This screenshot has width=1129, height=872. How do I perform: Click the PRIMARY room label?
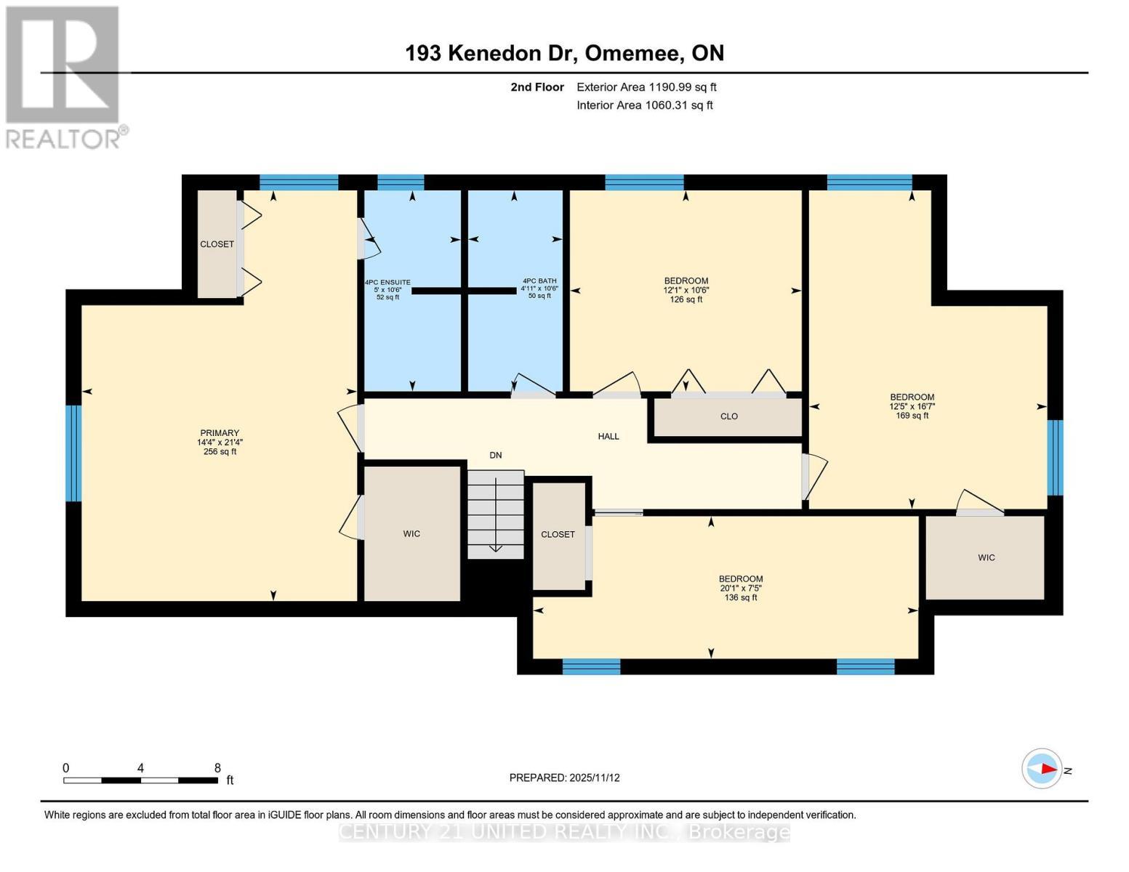(220, 442)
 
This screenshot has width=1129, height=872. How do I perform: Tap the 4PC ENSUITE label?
(387, 289)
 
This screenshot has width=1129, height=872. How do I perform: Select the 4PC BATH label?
(539, 288)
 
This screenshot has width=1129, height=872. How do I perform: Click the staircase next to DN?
(495, 514)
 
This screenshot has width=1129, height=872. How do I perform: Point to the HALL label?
(608, 436)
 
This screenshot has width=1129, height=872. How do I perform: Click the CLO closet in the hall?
(728, 416)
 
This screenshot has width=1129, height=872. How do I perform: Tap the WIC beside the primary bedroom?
(411, 534)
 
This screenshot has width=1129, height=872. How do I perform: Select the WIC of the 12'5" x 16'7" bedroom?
(986, 557)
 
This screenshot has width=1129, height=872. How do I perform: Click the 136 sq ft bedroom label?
(741, 588)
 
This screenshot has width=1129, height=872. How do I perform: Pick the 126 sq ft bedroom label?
(686, 290)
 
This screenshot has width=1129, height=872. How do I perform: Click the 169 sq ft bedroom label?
(912, 406)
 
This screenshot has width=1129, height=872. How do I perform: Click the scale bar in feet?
(140, 780)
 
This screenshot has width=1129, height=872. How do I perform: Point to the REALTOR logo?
(64, 77)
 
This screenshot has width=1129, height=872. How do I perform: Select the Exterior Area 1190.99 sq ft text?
(646, 87)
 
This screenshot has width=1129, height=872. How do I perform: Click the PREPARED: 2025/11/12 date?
(564, 778)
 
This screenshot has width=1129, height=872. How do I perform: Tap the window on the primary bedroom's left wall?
(73, 453)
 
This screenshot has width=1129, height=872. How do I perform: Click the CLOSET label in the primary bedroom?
(217, 244)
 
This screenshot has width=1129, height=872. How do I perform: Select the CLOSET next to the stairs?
(558, 535)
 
